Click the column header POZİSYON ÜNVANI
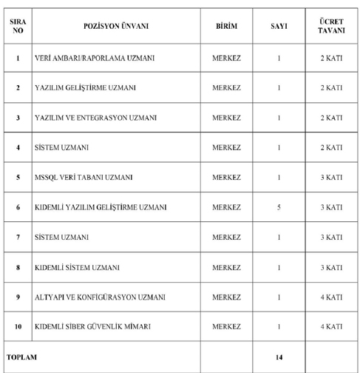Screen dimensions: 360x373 [116, 26]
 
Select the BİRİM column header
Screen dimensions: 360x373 [226, 26]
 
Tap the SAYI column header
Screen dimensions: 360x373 [279, 26]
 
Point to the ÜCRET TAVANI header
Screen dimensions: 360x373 [331, 26]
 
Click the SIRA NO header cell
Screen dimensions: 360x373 [18, 26]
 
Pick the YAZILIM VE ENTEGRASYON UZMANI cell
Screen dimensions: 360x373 [95, 118]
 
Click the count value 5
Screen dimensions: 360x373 [279, 207]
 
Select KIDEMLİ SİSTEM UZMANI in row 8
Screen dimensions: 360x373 [77, 267]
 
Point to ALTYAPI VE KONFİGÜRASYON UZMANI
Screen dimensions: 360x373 [100, 297]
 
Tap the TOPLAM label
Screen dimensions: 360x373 [22, 357]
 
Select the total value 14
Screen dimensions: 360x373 [279, 357]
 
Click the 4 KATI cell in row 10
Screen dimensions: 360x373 [331, 326]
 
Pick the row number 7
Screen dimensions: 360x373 [18, 238]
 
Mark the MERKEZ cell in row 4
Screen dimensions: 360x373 [226, 147]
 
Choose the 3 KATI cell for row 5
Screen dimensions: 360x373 [331, 178]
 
